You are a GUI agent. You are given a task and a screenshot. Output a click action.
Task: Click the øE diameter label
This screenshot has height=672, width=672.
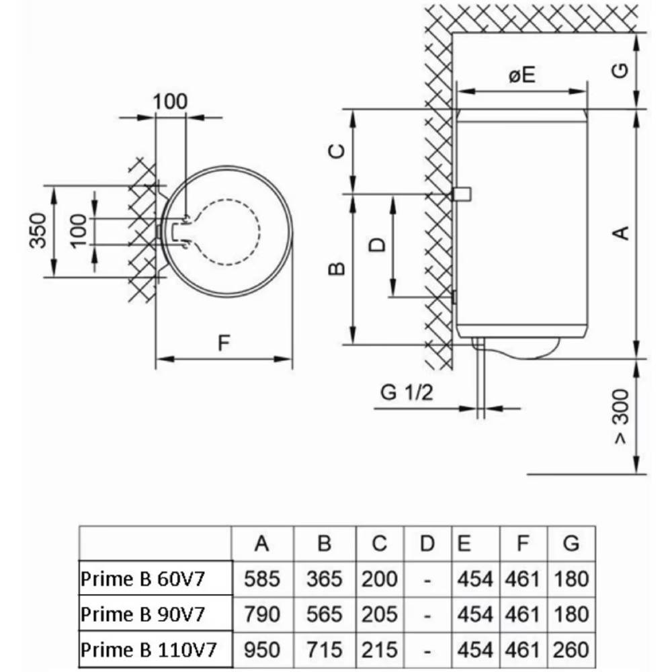521,75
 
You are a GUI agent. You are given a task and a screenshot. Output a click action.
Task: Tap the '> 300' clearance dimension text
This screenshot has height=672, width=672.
622,417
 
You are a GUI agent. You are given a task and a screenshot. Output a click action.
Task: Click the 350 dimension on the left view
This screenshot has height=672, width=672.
39,230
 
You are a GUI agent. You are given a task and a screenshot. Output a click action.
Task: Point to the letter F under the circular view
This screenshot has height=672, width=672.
224,343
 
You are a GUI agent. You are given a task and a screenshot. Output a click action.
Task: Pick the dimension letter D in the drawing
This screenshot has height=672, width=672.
378,245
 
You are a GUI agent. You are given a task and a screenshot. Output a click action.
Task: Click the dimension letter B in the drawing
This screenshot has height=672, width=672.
339,269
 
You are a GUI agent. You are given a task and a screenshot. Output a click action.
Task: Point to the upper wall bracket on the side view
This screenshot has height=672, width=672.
462,194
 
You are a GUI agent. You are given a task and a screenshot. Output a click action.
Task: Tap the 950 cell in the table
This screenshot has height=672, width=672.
262,650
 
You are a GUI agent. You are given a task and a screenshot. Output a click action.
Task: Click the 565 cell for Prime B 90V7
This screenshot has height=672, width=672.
325,614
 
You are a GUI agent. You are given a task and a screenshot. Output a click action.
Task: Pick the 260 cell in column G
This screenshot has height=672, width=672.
571,650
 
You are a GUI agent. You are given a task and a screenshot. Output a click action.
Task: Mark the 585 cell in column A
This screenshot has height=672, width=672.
262,579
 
